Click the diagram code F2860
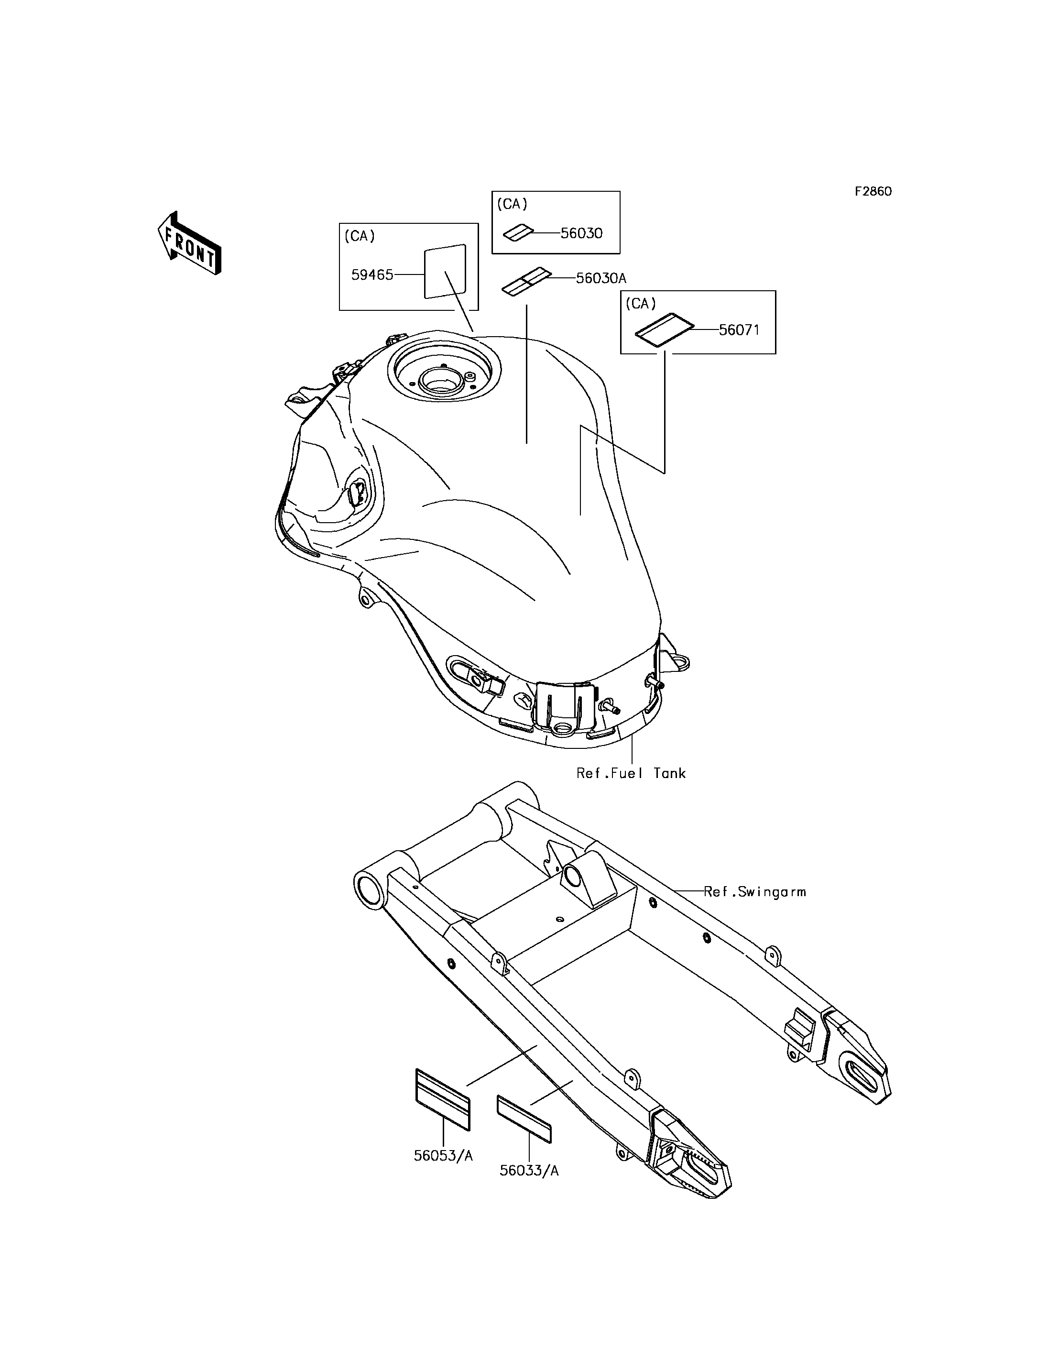(x=873, y=192)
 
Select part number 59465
(x=372, y=274)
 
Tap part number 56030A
(x=600, y=278)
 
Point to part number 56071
(x=739, y=329)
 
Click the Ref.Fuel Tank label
(x=631, y=773)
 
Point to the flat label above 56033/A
(x=524, y=1119)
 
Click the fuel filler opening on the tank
(x=442, y=379)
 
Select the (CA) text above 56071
(x=641, y=304)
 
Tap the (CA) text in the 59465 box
(x=360, y=236)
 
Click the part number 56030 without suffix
(x=581, y=233)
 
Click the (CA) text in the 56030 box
(x=512, y=204)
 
